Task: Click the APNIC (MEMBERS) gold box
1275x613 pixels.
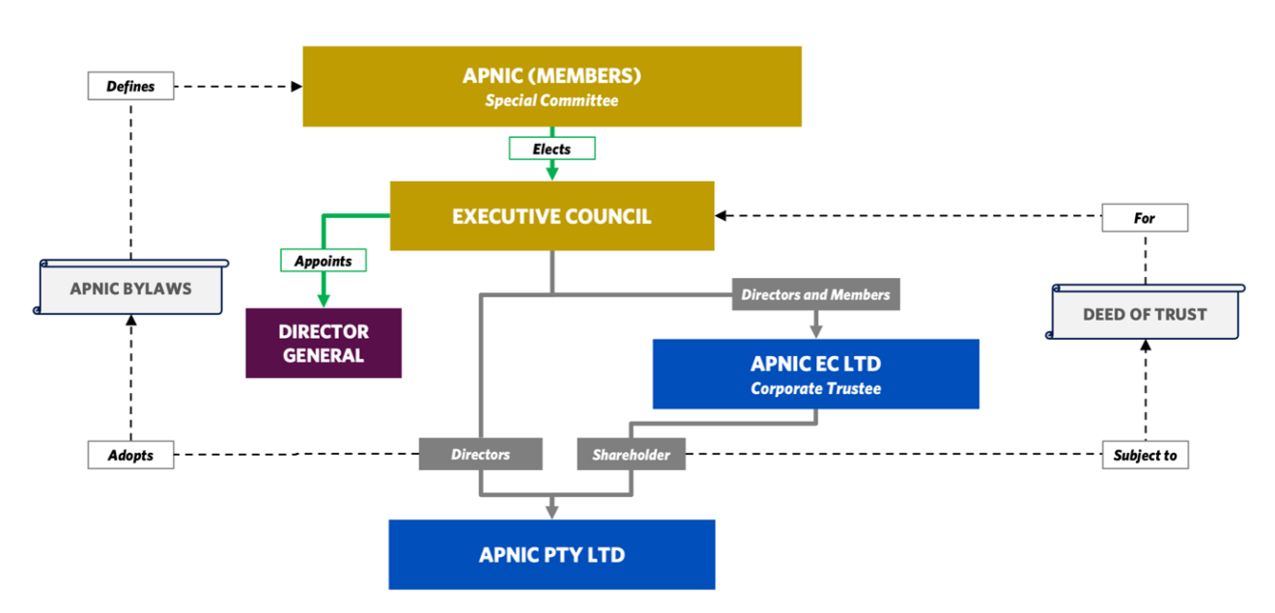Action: pos(552,86)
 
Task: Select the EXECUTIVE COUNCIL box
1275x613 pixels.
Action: pos(552,215)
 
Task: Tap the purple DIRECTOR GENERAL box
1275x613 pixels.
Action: pos(323,343)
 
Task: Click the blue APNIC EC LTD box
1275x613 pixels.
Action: pos(815,374)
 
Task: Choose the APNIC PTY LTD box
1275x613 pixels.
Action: pos(552,554)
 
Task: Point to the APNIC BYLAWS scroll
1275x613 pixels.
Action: pos(130,288)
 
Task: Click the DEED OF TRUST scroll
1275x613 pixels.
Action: pos(1145,314)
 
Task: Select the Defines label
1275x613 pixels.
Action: pos(130,86)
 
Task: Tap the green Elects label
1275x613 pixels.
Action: pos(552,149)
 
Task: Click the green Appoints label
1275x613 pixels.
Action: pos(323,261)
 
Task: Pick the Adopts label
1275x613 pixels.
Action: pos(130,455)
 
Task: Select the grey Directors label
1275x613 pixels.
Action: pos(480,454)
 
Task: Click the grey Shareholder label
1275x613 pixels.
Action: pos(631,455)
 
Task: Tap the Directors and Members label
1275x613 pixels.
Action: pos(815,294)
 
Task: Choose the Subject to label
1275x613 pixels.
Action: pos(1145,455)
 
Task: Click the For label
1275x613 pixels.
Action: pos(1145,218)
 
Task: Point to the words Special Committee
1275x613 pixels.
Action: pos(552,100)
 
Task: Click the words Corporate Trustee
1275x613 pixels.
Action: pos(815,388)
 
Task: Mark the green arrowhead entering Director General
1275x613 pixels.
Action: pos(323,300)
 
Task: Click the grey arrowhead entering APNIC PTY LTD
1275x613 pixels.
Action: pos(552,511)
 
